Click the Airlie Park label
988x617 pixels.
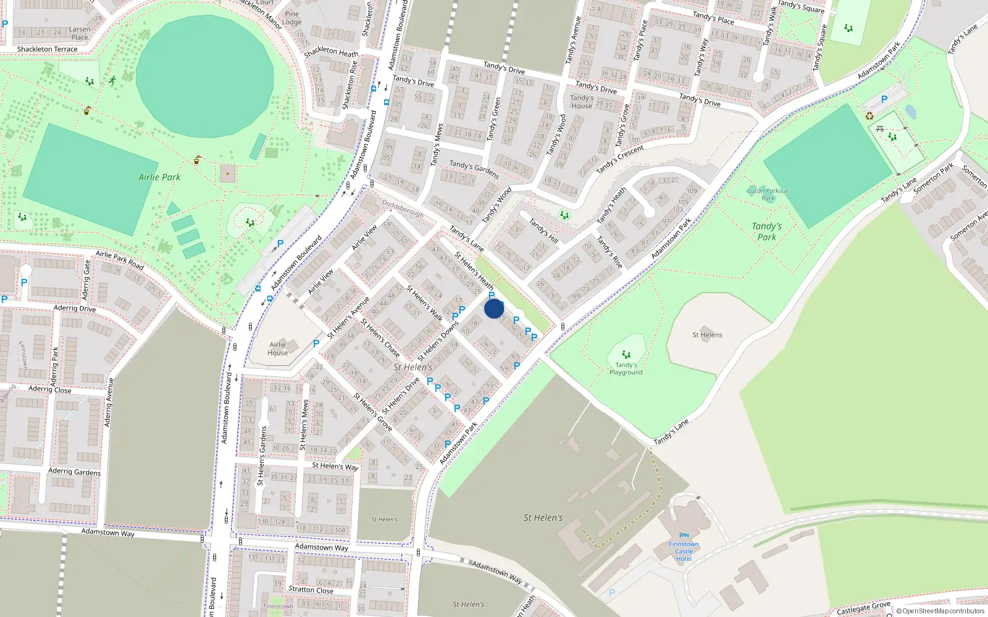[x=159, y=177]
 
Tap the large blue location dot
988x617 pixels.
[x=494, y=308]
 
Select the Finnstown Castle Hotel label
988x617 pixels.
[x=684, y=552]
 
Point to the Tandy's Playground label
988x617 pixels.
[x=626, y=368]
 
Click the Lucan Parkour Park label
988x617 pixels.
[x=768, y=194]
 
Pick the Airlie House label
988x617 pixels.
[x=278, y=349]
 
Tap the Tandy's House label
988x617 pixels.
[x=582, y=102]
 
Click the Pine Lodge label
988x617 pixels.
[x=292, y=18]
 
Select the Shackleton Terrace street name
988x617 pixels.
[x=48, y=49]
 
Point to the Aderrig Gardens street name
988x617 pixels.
[x=75, y=471]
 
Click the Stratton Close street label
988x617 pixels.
[x=311, y=589]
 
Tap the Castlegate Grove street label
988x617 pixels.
[x=863, y=608]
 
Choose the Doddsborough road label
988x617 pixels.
[x=403, y=208]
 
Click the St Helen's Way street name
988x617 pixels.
[x=335, y=466]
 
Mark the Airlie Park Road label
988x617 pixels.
[x=120, y=260]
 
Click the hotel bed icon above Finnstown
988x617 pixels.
[x=683, y=536]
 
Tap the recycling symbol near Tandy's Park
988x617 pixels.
[x=869, y=115]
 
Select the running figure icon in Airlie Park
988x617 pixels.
[x=112, y=80]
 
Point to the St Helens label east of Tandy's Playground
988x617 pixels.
[x=707, y=335]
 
